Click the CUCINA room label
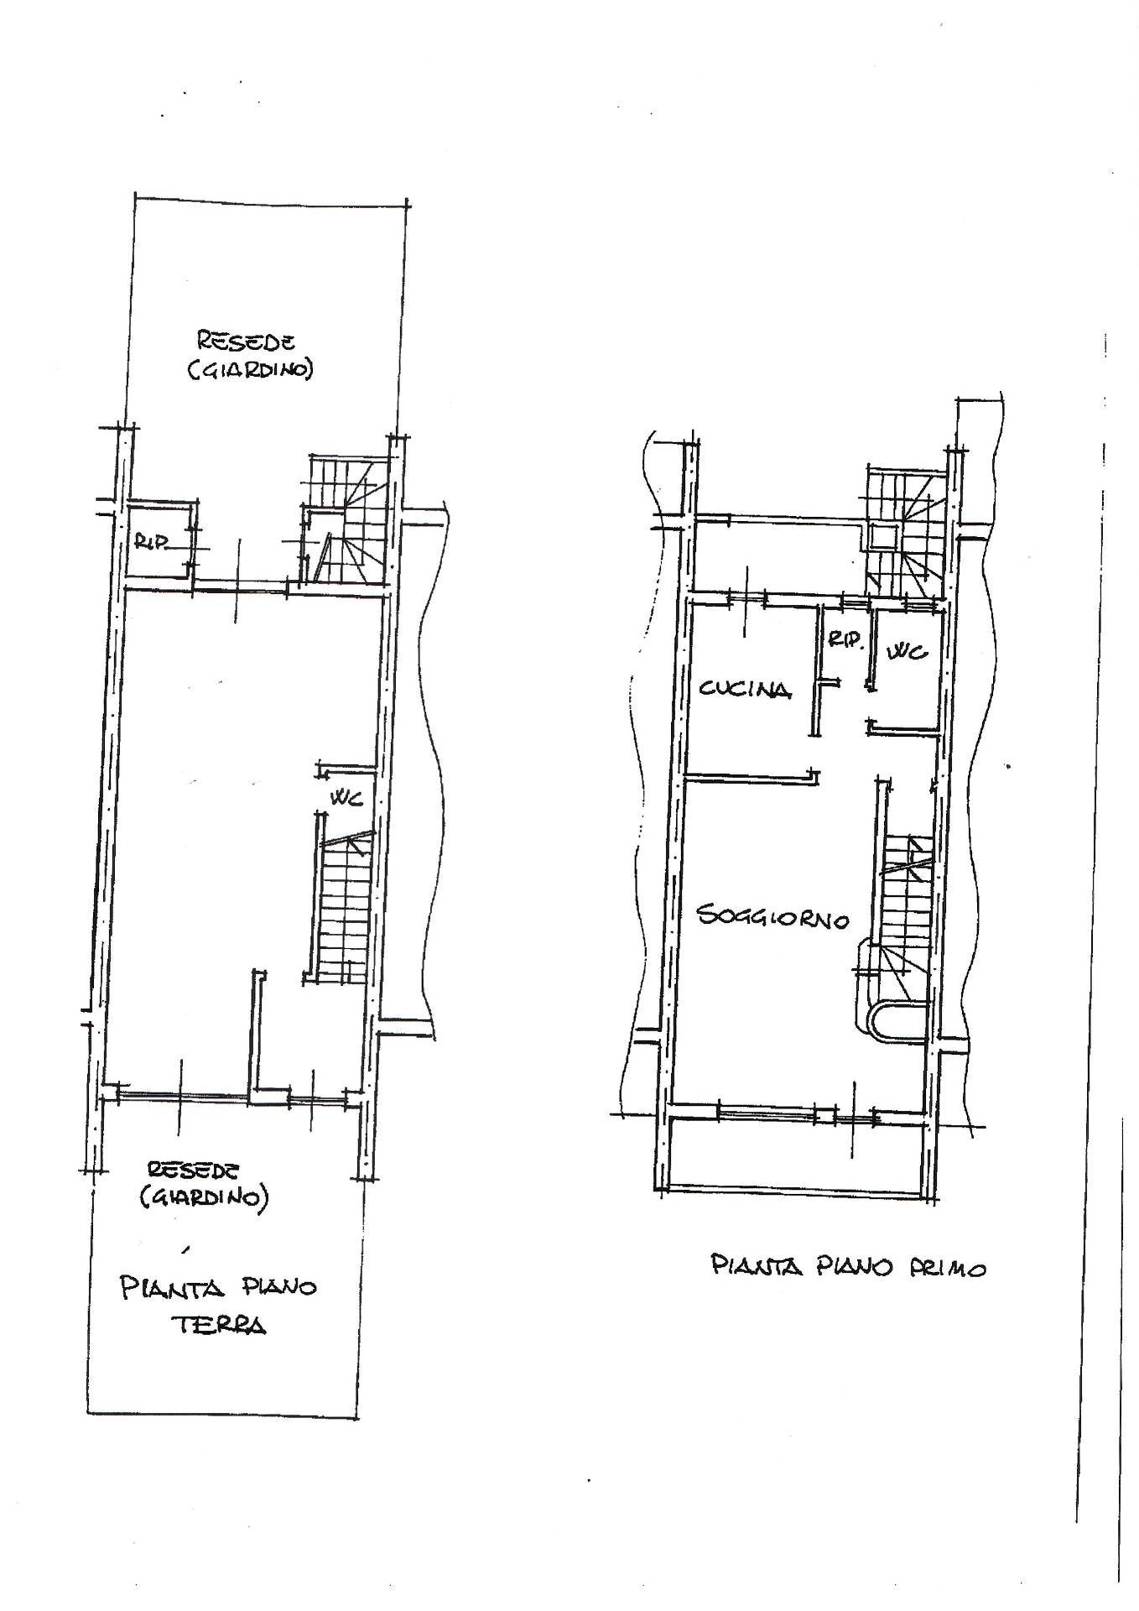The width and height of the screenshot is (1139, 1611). [745, 690]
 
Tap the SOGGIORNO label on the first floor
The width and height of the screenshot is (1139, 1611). [773, 917]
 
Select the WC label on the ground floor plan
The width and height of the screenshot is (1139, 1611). [345, 799]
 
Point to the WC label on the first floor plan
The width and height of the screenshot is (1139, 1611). [907, 650]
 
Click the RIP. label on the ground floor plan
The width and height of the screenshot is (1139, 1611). [152, 543]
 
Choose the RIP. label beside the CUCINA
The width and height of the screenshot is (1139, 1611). [845, 640]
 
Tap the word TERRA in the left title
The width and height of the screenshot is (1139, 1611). [219, 1325]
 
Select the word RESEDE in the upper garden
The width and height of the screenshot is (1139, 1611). [246, 341]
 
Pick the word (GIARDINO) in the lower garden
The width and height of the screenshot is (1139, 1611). [204, 1197]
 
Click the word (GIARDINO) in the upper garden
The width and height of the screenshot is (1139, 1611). [249, 369]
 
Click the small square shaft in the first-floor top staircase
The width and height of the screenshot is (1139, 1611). [883, 535]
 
